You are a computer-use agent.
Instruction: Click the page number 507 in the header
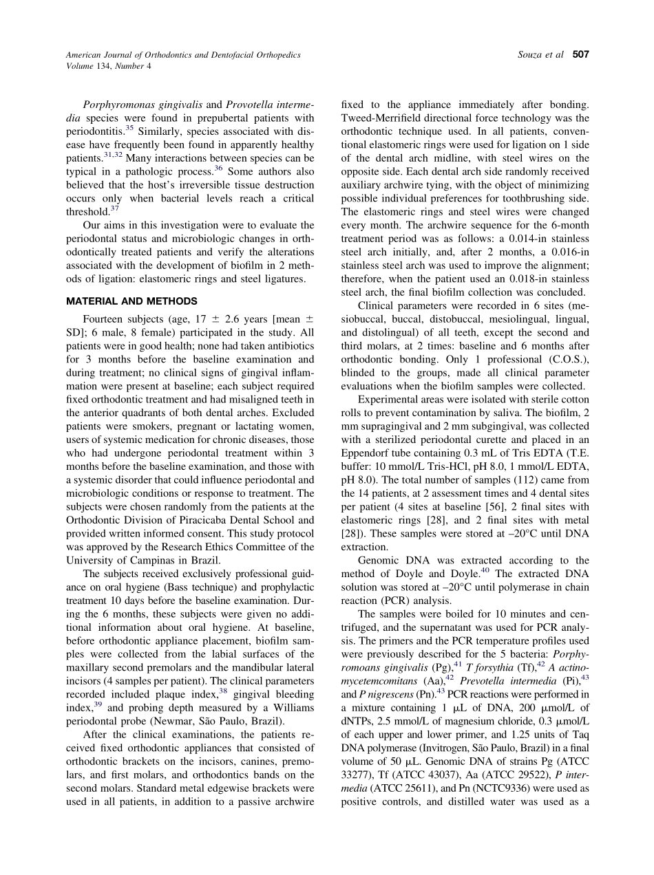581,54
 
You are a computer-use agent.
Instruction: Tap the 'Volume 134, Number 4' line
108,66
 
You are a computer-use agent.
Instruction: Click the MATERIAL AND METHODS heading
131,301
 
